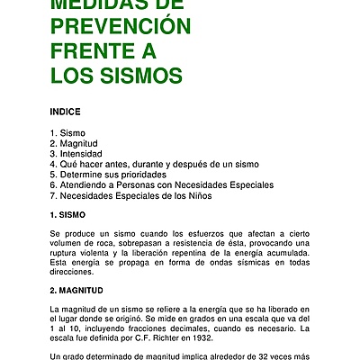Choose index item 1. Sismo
point(68,133)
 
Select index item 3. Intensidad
point(78,154)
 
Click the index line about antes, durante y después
point(155,165)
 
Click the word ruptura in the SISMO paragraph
point(67,253)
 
